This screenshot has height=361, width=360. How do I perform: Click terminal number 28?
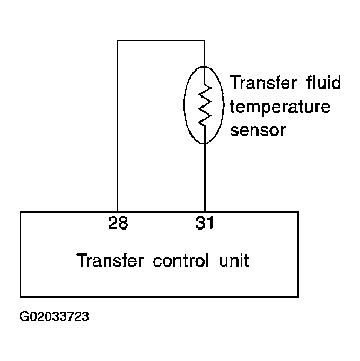click(118, 223)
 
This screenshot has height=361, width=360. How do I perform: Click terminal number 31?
click(205, 223)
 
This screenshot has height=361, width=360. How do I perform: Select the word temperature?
click(280, 107)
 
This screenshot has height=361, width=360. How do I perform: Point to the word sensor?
click(258, 130)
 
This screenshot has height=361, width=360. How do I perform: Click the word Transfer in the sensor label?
click(264, 82)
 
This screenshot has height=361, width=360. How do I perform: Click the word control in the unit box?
click(181, 260)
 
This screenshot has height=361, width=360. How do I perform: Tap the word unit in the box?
click(234, 260)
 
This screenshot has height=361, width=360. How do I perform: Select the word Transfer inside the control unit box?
click(110, 260)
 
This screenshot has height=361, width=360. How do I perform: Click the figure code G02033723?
click(54, 316)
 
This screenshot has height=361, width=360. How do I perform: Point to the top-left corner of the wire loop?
click(118, 40)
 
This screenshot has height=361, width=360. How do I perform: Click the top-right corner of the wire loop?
click(205, 40)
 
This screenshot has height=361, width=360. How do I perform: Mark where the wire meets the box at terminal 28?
click(118, 212)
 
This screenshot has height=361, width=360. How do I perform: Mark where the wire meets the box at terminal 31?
click(205, 212)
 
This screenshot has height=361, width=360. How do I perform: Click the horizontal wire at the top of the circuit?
click(161, 40)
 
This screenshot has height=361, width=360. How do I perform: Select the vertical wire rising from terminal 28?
click(118, 126)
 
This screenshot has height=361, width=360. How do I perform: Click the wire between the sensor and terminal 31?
click(205, 177)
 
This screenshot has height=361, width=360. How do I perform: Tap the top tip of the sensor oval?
click(204, 67)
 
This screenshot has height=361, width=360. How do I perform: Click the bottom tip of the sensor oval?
click(204, 144)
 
